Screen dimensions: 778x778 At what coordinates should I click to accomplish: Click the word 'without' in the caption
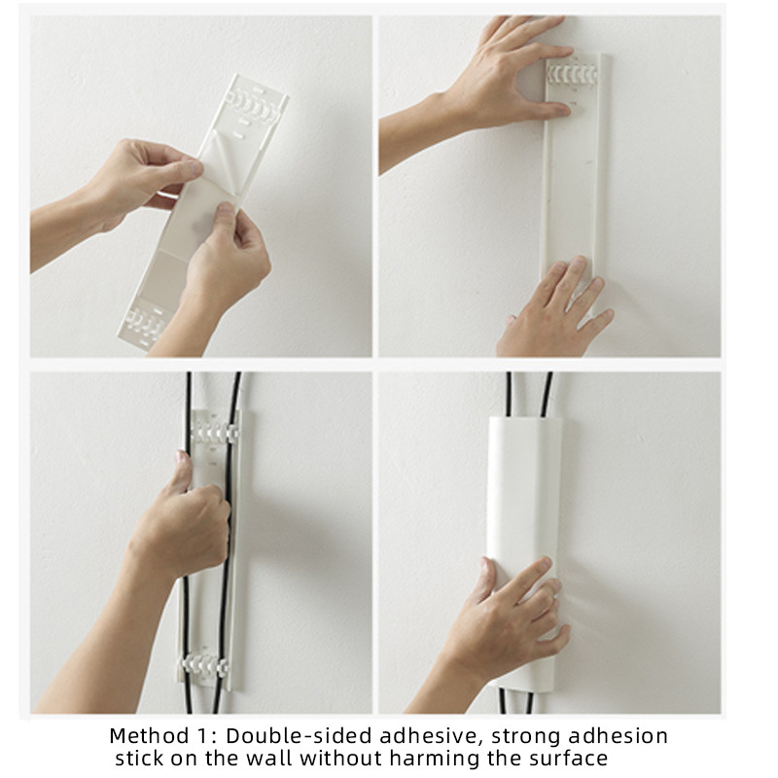point(342,759)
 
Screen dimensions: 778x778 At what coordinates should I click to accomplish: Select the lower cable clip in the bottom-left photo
point(205,664)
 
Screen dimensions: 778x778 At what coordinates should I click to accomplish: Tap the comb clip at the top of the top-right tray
point(572,75)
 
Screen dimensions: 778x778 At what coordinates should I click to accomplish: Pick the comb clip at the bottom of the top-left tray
point(145,323)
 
